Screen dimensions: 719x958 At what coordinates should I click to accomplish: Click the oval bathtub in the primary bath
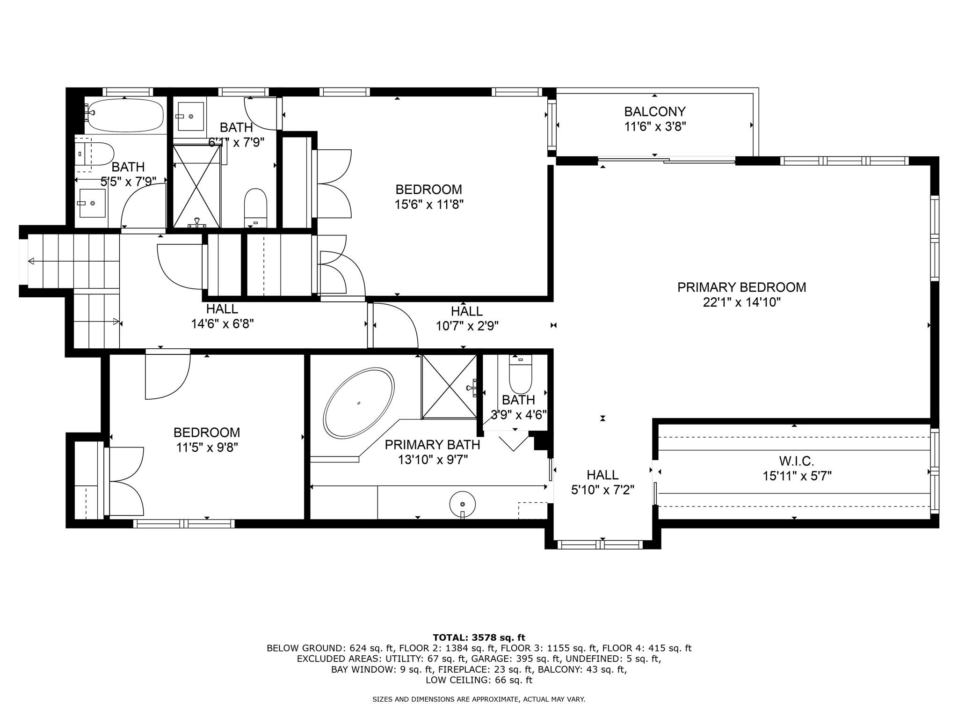[x=359, y=404]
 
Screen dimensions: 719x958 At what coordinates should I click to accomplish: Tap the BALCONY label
[x=654, y=112]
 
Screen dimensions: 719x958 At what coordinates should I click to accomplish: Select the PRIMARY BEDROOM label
[x=741, y=287]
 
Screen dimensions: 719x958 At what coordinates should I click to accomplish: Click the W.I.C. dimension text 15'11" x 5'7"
[x=797, y=477]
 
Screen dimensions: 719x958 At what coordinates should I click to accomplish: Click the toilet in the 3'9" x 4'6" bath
[x=520, y=377]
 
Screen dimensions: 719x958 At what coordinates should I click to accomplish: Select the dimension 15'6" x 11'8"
[x=429, y=205]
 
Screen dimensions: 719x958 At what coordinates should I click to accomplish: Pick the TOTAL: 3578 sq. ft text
[x=479, y=638]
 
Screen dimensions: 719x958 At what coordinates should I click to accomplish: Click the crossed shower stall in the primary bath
[x=449, y=386]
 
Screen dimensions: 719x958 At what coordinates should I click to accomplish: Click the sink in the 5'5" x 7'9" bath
[x=93, y=203]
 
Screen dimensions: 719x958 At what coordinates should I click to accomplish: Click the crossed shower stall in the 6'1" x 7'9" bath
[x=196, y=186]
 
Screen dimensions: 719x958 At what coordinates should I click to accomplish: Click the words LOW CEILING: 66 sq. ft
[x=479, y=680]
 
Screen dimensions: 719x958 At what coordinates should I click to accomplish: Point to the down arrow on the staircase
[x=32, y=261]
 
